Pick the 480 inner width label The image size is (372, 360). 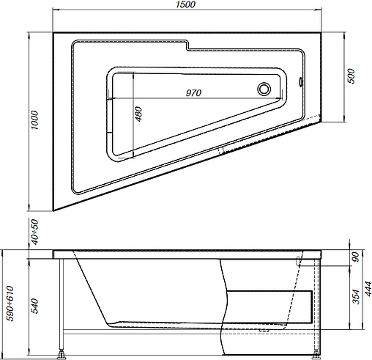[x=138, y=114]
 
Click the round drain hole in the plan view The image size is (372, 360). [x=264, y=89]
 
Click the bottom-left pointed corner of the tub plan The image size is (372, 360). [x=55, y=209]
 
